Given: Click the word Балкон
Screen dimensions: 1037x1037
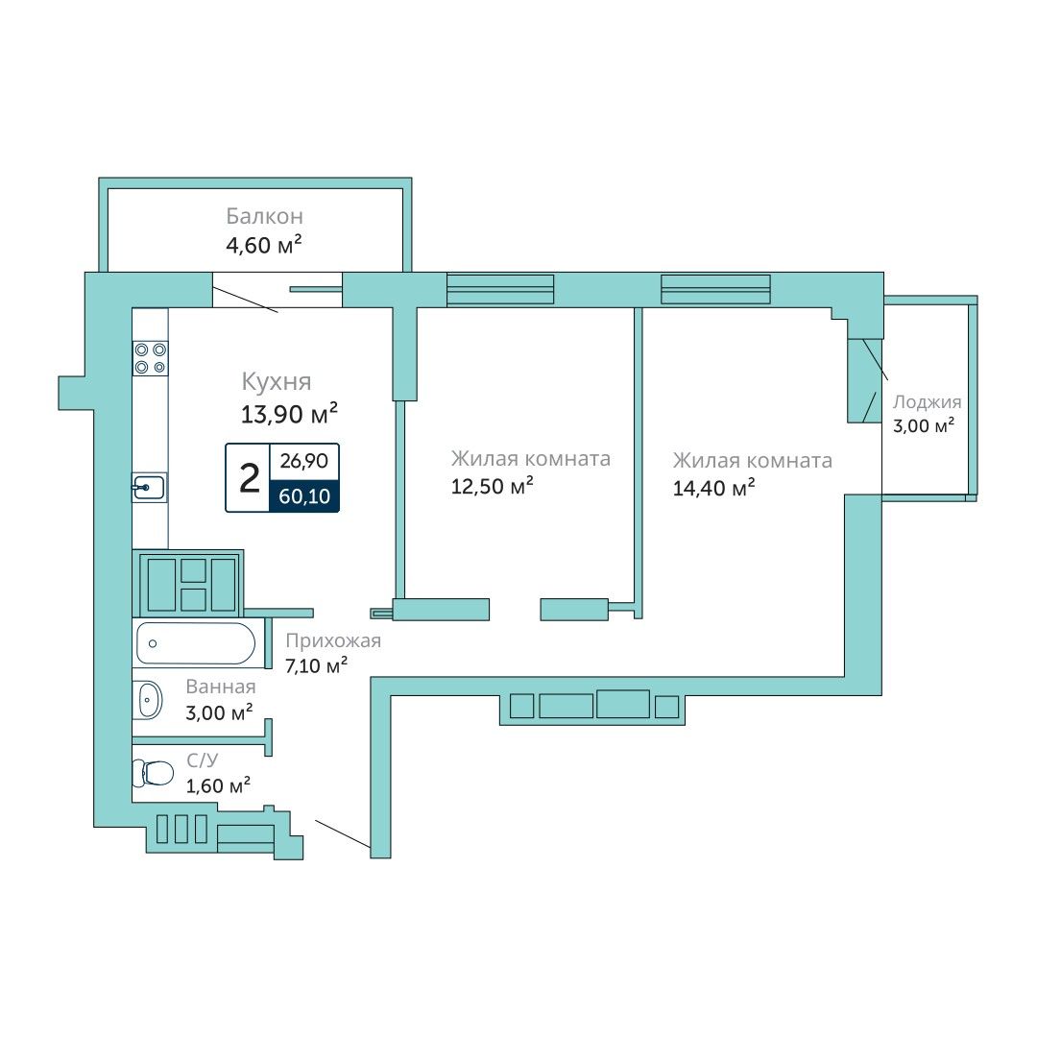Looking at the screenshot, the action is tap(265, 216).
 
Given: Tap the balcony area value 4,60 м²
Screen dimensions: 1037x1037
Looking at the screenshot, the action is tap(264, 245).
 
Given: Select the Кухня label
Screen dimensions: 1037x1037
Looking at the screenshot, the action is tap(277, 381).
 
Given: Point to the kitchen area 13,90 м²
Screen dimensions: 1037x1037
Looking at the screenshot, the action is tap(289, 414).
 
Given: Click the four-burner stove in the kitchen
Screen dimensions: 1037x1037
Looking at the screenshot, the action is tap(150, 358).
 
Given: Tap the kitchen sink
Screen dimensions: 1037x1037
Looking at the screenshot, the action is tap(149, 488).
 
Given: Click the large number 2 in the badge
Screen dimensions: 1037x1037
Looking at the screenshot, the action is tap(249, 478).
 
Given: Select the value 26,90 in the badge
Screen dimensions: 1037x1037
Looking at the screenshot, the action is tap(304, 460).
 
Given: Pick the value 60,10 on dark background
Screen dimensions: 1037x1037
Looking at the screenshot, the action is tap(304, 496).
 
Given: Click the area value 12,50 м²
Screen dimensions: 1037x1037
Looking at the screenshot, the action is tap(492, 486).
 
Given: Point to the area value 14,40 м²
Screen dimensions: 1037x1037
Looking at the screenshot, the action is tap(713, 488).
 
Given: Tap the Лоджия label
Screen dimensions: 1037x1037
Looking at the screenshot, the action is tap(928, 402).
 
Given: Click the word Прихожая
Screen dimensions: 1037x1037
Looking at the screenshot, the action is tap(333, 640).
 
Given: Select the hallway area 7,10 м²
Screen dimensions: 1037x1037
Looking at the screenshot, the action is tap(316, 665).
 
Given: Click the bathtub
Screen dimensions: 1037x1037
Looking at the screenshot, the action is tap(196, 642).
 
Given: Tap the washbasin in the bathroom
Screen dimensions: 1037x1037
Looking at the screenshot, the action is tap(148, 699).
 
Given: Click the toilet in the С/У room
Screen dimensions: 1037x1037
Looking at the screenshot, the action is tap(152, 772).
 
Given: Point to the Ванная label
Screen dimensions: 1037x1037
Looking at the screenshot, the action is tap(220, 687).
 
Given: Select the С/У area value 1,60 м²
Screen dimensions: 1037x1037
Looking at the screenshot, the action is tap(218, 785).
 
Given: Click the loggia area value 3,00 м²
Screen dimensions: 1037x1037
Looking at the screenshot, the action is tap(924, 425).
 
